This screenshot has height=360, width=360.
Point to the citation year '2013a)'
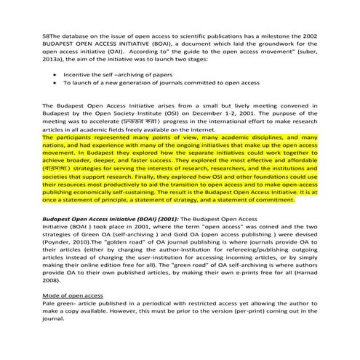(55, 60)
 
